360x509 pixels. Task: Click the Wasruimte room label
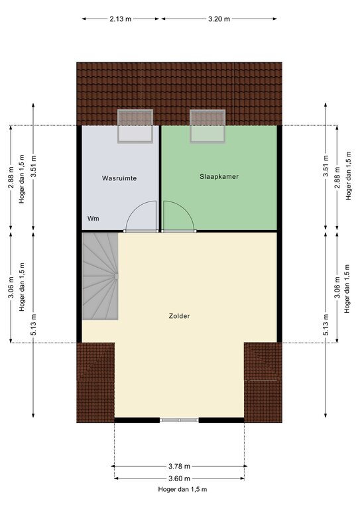coord(119,178)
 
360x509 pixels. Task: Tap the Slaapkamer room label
coord(219,176)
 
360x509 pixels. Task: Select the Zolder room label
coord(179,316)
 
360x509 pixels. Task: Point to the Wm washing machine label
coord(93,219)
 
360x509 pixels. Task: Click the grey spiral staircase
coord(100,276)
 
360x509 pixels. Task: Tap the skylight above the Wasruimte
coord(135,127)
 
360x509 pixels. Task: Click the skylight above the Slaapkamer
coord(208,126)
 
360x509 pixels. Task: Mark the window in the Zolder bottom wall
coord(179,420)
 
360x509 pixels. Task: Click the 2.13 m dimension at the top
coord(121,19)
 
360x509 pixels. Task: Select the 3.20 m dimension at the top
coord(219,19)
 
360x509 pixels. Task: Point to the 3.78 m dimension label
coord(179,467)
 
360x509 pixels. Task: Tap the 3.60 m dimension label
coord(179,479)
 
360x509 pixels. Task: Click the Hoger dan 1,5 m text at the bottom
coord(182,490)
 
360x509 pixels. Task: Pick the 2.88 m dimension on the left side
coord(11,178)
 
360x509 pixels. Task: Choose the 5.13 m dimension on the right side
coord(326,325)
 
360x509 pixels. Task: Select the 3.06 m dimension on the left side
coord(11,287)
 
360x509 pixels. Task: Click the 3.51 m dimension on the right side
coord(326,166)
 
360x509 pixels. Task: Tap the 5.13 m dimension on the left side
coord(33,325)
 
